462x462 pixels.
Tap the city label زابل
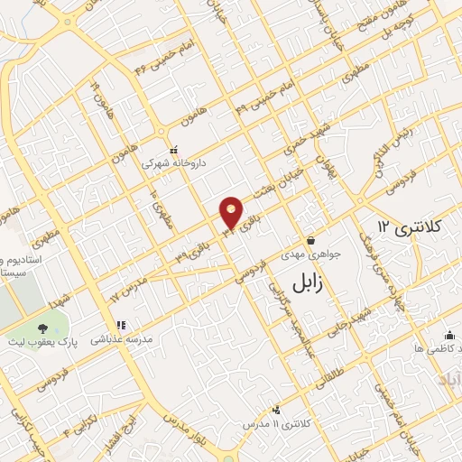coord(308,282)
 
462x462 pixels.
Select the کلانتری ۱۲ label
coord(398,225)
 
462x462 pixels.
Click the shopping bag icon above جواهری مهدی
coord(310,241)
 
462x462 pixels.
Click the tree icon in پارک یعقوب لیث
coord(42,330)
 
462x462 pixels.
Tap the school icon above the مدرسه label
coord(120,325)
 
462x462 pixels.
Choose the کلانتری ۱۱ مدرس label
coord(276,423)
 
